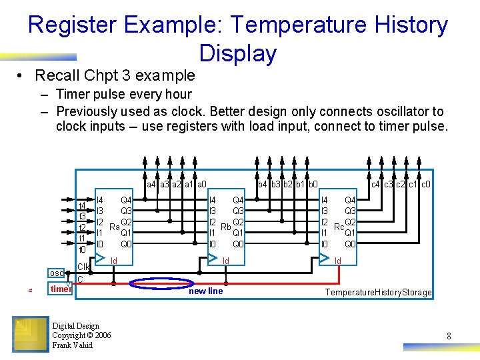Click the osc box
(x=56, y=273)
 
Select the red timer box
(x=61, y=289)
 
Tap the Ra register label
(x=114, y=227)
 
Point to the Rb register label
(x=226, y=227)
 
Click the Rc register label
(x=339, y=227)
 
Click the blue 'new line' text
(x=206, y=291)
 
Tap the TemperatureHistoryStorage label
(x=378, y=293)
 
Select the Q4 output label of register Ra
(x=126, y=199)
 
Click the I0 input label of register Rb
(x=213, y=244)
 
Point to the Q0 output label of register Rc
(x=350, y=244)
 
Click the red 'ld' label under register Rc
(x=337, y=260)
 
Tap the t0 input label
(x=83, y=249)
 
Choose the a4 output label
(x=151, y=184)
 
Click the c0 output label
(x=425, y=184)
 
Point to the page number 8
(x=449, y=337)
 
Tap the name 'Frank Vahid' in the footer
(x=73, y=345)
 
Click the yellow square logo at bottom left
(x=30, y=333)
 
